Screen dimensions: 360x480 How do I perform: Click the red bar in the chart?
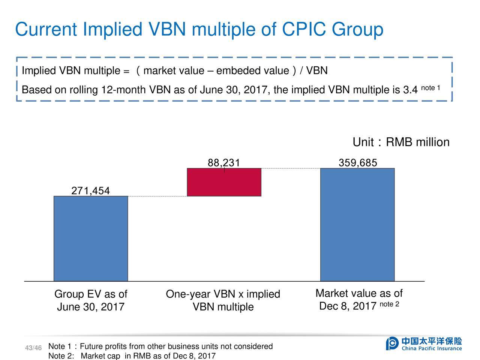click(x=224, y=182)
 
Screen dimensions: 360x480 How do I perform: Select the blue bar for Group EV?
click(x=91, y=238)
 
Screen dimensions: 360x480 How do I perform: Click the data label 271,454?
click(x=90, y=191)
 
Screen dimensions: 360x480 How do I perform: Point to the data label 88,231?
click(x=223, y=163)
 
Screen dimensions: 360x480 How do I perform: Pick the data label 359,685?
click(x=358, y=163)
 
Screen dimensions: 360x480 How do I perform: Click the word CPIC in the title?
click(x=304, y=29)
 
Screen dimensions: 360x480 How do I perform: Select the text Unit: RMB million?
click(x=401, y=142)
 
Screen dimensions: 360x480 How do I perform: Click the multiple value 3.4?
click(x=410, y=90)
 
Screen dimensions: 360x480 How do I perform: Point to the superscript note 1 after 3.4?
click(x=430, y=88)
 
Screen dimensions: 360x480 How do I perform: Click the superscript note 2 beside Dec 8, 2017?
click(x=389, y=304)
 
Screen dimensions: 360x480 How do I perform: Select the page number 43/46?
click(x=33, y=348)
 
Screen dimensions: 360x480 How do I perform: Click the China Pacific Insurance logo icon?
click(x=392, y=343)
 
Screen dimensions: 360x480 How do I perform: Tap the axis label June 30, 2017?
click(x=90, y=307)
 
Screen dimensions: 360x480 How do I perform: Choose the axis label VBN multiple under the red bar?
click(x=223, y=307)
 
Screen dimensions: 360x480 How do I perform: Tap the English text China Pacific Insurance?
click(x=432, y=348)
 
